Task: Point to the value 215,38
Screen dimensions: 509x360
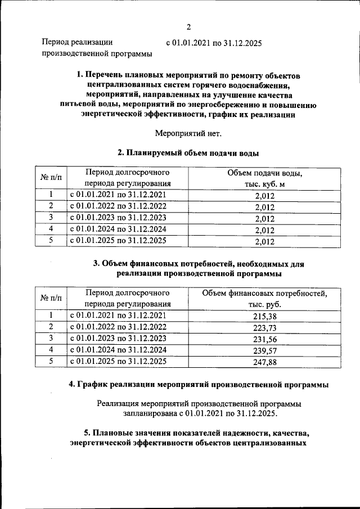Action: [264, 316]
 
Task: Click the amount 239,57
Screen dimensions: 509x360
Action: [264, 352]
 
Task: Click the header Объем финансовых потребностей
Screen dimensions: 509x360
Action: [264, 298]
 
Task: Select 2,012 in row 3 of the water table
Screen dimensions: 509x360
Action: [264, 219]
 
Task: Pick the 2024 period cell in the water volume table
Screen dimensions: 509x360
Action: [119, 229]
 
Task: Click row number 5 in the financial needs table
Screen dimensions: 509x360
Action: [51, 362]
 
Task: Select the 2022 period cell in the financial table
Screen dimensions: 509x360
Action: [119, 327]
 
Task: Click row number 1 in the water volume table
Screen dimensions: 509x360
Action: [51, 195]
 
